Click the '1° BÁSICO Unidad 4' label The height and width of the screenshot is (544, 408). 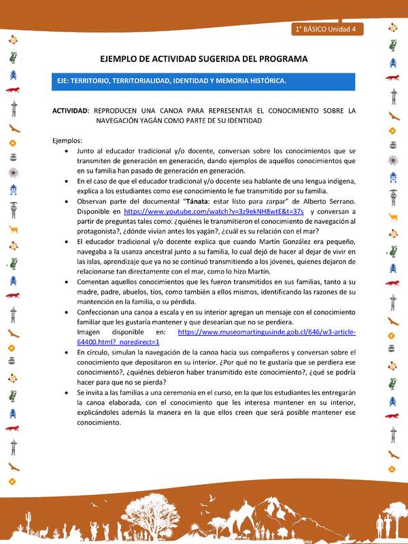[329, 29]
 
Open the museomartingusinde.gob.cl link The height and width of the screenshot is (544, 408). [266, 332]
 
